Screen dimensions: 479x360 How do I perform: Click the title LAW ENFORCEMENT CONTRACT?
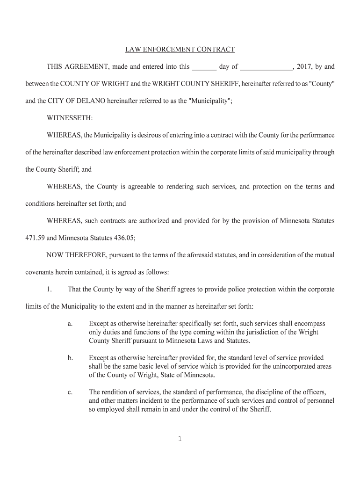[x=180, y=49]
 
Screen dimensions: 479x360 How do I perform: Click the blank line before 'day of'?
[x=204, y=67]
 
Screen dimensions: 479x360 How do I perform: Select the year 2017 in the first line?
[x=304, y=66]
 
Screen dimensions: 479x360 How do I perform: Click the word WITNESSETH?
[x=70, y=118]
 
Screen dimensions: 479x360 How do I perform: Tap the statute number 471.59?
[x=34, y=238]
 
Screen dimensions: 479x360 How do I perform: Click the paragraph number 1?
[x=49, y=289]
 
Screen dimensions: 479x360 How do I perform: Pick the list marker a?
[x=70, y=324]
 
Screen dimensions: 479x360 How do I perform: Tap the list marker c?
[x=70, y=392]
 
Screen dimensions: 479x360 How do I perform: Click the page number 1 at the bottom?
[x=180, y=439]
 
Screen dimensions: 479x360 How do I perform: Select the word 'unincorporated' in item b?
[x=291, y=366]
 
